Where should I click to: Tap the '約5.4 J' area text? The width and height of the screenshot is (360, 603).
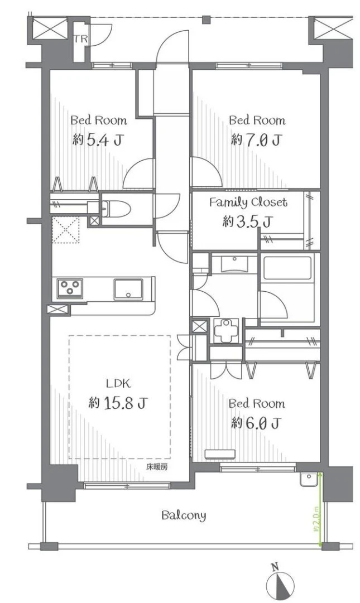(98, 139)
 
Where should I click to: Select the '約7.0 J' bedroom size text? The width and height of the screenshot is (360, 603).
(256, 139)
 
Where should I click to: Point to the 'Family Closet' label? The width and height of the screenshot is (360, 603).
(248, 202)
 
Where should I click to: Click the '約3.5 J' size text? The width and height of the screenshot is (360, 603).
(247, 221)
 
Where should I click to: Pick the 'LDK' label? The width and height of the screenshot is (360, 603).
(118, 383)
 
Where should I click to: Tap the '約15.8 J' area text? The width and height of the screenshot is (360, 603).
(118, 402)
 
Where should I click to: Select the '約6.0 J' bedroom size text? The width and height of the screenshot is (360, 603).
(256, 423)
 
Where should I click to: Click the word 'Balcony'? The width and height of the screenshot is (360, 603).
(184, 515)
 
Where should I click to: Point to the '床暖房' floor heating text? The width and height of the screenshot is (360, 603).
(157, 466)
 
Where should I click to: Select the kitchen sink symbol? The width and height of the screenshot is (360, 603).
(129, 289)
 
